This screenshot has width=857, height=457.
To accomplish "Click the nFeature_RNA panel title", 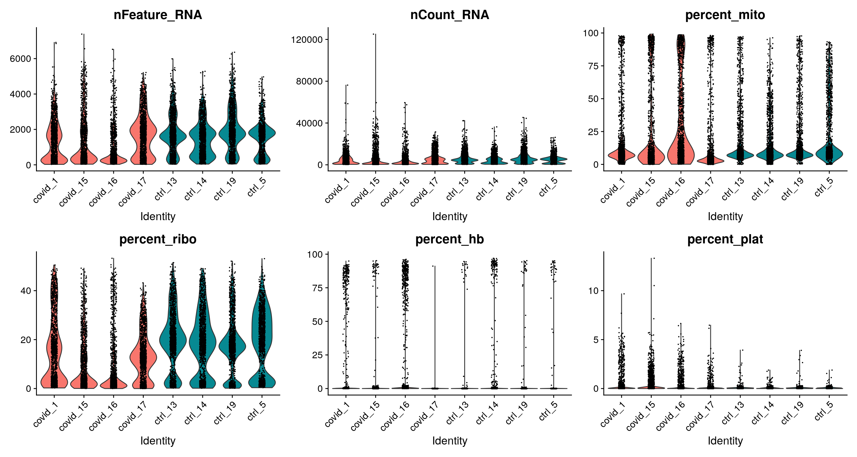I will coord(158,15).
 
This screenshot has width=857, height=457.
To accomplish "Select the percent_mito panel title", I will coord(725,15).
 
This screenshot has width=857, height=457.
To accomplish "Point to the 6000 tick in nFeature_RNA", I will coord(20,59).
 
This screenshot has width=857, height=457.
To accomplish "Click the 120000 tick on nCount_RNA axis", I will coord(307,40).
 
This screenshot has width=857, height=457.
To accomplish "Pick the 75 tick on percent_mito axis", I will coord(593,66).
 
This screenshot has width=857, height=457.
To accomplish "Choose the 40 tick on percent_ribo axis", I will coord(26,291).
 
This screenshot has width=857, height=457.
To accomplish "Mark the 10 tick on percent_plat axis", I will coord(593,291).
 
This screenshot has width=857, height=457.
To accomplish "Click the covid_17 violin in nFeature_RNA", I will coord(143,133).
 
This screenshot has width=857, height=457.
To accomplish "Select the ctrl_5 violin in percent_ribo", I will coord(262,333).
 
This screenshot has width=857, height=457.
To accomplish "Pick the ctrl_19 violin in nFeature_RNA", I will coord(232,133).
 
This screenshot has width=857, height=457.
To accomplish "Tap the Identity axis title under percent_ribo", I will coord(158,441).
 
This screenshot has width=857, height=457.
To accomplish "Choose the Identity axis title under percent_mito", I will coord(725,217).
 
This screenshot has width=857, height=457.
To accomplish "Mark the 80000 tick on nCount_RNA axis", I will coord(309,81).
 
